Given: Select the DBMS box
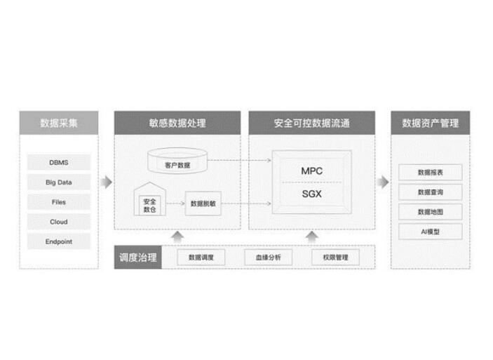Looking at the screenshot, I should [59, 162].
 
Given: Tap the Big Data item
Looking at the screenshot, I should [59, 182].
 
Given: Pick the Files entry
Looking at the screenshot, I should [59, 202].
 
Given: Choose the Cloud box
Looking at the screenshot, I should [59, 222].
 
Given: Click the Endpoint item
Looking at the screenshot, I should [59, 241].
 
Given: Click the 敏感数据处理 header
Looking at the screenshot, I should [177, 123].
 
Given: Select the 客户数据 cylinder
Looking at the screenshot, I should [177, 163].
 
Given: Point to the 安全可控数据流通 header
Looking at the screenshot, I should [311, 123].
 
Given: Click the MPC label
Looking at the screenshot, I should [311, 171].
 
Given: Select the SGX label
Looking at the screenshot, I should [311, 194].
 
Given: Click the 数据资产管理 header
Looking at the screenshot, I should [430, 123].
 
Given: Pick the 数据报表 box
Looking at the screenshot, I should [430, 171].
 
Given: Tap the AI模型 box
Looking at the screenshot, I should [430, 231].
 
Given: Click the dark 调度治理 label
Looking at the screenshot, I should [137, 257].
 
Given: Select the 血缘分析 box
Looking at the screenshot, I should [267, 258].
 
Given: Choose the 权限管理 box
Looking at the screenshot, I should [335, 258].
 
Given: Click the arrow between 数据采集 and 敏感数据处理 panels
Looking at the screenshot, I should [105, 182].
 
